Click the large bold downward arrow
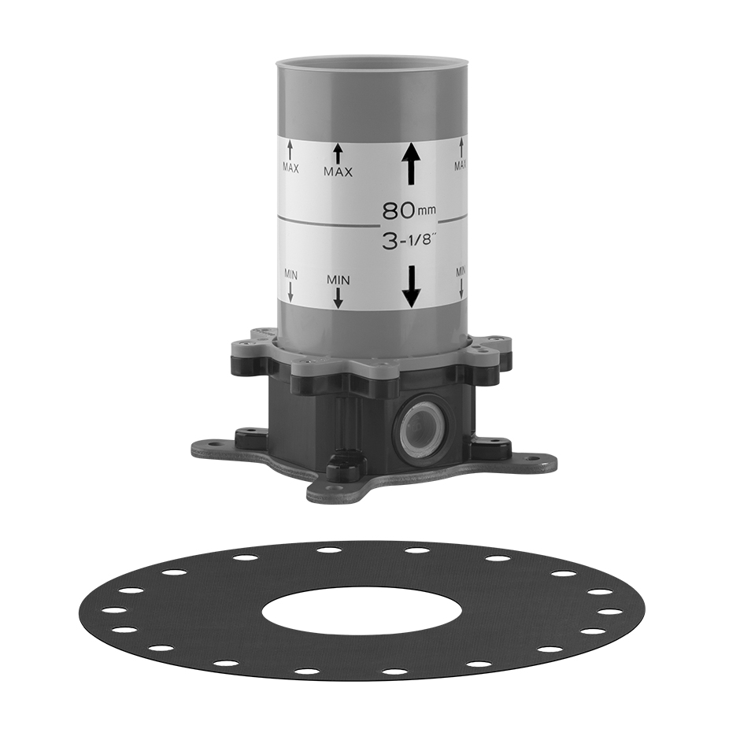point(412,287)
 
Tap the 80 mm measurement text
point(409,211)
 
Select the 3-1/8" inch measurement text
point(409,242)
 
